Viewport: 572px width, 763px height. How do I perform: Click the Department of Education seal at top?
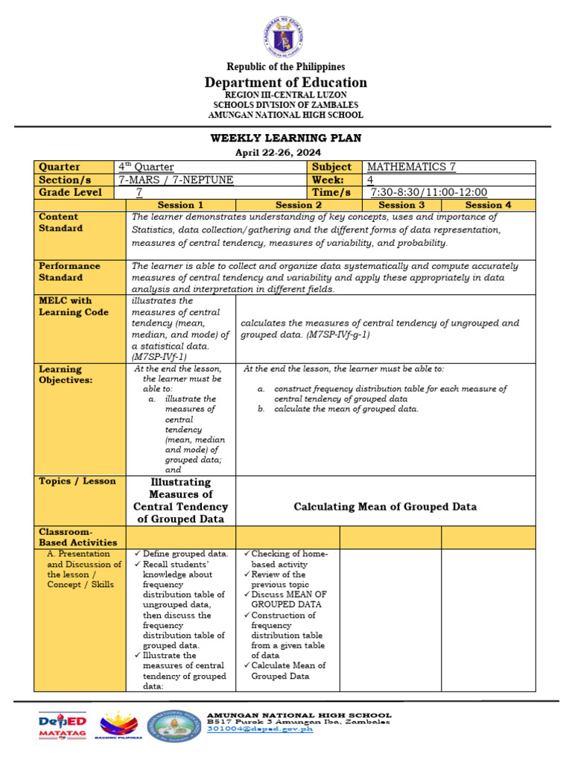286,34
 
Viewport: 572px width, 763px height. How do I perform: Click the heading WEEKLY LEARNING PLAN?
286,138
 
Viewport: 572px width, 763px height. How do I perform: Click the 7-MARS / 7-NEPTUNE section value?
175,180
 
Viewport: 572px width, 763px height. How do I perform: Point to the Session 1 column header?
180,205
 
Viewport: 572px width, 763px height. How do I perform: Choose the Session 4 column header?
488,205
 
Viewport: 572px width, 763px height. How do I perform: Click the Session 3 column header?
401,205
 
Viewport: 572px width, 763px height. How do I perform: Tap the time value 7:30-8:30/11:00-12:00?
428,192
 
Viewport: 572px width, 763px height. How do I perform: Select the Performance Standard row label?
70,271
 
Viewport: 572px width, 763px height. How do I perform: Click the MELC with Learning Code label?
74,306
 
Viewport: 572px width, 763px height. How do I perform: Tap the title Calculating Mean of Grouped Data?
385,507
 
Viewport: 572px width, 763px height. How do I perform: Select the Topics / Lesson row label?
77,481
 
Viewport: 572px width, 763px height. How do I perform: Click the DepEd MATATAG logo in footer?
63,726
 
